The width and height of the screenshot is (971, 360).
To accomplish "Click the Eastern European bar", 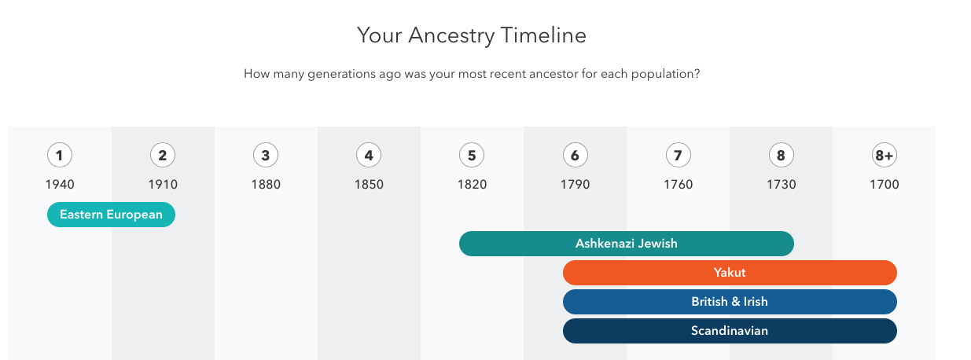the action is [111, 215].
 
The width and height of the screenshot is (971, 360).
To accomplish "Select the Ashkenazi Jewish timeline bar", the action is [627, 244].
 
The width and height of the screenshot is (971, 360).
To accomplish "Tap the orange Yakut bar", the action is [730, 273].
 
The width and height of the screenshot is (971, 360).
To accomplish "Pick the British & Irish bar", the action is [730, 302].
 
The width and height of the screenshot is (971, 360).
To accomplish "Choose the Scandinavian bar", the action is [730, 331].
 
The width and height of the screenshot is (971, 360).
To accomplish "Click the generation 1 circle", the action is [60, 155].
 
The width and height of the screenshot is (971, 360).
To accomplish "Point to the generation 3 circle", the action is [266, 155].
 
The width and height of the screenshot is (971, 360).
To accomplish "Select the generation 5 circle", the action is [472, 155].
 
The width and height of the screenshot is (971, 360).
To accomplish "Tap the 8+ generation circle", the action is [885, 155].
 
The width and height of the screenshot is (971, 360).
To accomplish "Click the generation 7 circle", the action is [679, 155].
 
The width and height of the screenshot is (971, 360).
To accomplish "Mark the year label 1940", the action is [60, 185].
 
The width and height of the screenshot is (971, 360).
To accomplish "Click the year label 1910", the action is [163, 185].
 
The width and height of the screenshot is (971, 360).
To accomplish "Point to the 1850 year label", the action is [369, 185].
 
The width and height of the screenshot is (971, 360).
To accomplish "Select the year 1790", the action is [576, 185].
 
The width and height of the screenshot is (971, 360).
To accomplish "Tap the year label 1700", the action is [885, 185].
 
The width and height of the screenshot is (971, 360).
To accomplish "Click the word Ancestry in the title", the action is [451, 35].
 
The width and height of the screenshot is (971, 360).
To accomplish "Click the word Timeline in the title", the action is [543, 35].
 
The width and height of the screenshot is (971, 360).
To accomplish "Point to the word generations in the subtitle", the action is [341, 74].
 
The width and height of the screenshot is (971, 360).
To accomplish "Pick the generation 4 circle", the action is [369, 155].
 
